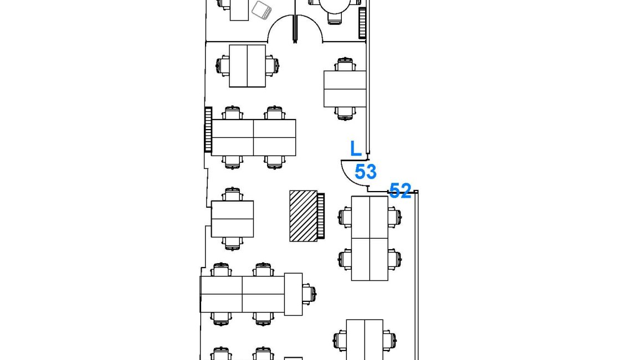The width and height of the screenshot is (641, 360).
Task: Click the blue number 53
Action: click(366, 172)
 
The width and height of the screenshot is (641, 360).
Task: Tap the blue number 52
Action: click(400, 191)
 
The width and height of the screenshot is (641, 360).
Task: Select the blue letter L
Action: click(356, 149)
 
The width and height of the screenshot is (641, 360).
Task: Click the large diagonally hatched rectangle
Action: click(304, 216)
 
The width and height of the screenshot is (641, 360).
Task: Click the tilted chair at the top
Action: click(261, 10)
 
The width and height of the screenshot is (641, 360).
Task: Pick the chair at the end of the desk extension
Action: click(309, 294)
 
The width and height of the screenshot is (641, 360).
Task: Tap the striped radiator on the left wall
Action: click(208, 130)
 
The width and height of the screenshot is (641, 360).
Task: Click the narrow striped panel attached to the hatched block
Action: click(321, 216)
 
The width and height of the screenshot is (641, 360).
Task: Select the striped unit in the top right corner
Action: click(362, 23)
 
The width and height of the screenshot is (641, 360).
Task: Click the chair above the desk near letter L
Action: click(345, 65)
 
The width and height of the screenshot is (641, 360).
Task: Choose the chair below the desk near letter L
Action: click(345, 114)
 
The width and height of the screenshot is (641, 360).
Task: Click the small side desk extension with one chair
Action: click(293, 294)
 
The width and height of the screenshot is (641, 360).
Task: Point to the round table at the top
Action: click(335, 6)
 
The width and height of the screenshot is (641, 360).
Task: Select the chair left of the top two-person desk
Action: click(223, 66)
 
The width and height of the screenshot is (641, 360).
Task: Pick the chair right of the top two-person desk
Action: click(272, 65)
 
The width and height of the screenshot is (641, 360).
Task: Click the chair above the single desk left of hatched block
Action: click(232, 194)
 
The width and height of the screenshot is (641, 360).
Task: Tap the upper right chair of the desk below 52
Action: click(394, 217)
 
